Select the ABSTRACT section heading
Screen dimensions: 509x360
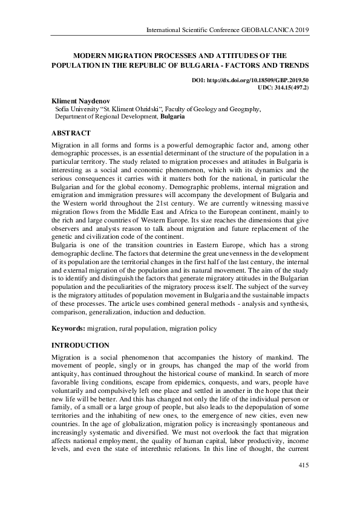[x=71, y=133]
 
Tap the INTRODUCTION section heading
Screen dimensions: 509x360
[x=80, y=345]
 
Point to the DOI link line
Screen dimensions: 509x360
[x=250, y=80]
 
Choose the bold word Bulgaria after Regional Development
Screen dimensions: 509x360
[x=172, y=117]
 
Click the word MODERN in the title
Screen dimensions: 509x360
[x=89, y=54]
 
